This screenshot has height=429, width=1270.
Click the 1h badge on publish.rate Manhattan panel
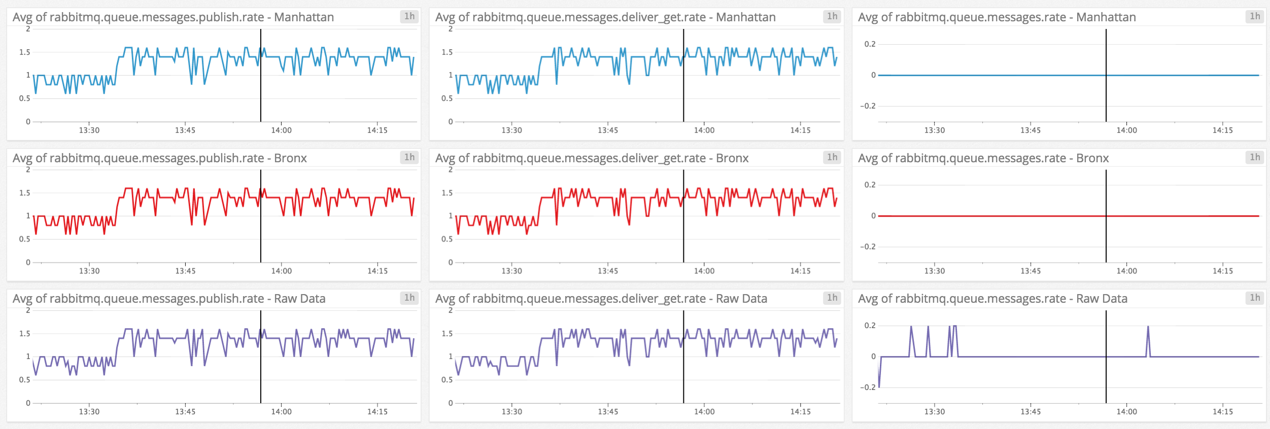click(409, 16)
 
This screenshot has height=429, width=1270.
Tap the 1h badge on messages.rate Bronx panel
click(1255, 157)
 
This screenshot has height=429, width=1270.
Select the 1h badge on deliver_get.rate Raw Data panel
click(832, 298)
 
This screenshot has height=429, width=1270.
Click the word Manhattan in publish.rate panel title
click(304, 17)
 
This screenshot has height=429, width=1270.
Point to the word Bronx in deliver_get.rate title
click(732, 158)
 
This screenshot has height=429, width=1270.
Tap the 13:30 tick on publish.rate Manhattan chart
click(89, 130)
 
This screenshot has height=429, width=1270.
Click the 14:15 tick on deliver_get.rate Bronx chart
click(800, 271)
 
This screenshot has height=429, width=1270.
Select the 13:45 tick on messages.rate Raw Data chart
click(1031, 412)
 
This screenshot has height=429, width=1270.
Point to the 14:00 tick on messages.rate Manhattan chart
click(1126, 130)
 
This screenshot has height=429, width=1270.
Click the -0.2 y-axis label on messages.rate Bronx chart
click(868, 247)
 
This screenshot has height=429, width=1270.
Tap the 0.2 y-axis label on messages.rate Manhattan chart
click(870, 44)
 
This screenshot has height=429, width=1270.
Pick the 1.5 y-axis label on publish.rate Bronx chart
click(24, 193)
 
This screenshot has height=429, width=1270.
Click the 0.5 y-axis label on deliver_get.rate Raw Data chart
click(447, 380)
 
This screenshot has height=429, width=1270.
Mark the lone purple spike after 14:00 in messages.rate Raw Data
click(1148, 330)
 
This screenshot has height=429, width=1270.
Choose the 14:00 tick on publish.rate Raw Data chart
click(281, 412)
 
